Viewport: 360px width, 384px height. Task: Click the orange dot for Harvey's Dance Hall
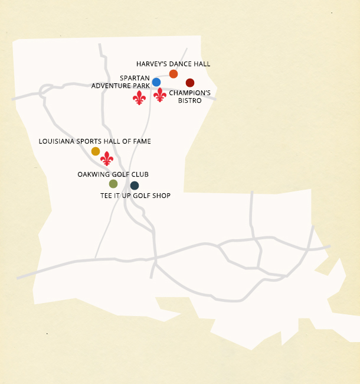point(174,74)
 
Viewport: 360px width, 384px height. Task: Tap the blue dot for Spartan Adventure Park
point(156,82)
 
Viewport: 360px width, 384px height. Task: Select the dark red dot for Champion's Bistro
point(190,83)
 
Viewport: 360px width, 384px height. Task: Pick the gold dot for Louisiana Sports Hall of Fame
point(96,151)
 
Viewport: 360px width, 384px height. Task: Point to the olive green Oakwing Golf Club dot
point(113,184)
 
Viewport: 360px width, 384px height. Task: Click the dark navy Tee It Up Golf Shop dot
point(135,186)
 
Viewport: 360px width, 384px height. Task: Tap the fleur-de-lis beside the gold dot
point(107,158)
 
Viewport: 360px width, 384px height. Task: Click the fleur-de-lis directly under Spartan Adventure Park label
point(139,97)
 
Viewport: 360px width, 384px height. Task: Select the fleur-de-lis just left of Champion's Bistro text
point(160,95)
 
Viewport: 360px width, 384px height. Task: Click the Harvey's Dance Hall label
point(173,64)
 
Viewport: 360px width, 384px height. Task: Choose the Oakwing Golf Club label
point(113,174)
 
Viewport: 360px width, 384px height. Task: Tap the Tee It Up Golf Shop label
point(135,196)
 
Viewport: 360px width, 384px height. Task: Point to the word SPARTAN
point(134,78)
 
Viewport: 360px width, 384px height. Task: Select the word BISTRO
point(190,100)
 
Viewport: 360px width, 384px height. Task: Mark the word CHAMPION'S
point(190,93)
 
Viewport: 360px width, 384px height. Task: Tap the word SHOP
point(161,196)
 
